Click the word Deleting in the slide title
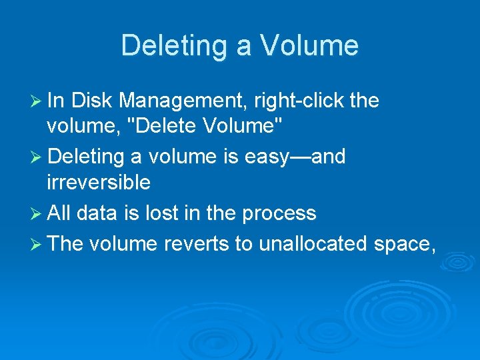pyautogui.click(x=175, y=45)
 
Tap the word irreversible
pyautogui.click(x=99, y=182)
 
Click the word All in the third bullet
pyautogui.click(x=59, y=213)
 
